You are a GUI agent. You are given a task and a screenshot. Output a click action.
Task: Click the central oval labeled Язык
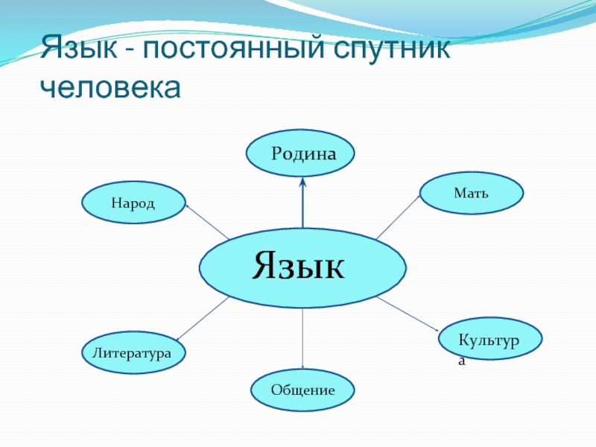pyautogui.click(x=302, y=266)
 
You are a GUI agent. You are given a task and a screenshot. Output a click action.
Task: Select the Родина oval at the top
pyautogui.click(x=301, y=153)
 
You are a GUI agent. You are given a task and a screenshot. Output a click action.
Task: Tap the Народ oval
pyautogui.click(x=133, y=203)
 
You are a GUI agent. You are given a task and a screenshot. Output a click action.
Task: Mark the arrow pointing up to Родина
pyautogui.click(x=302, y=205)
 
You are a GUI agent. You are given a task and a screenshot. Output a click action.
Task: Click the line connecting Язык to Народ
pyautogui.click(x=207, y=222)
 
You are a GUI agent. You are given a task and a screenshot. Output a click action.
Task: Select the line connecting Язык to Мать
pyautogui.click(x=399, y=217)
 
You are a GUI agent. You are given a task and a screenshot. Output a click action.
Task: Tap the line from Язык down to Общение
pyautogui.click(x=302, y=339)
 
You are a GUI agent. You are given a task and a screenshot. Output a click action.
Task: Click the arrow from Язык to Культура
pyautogui.click(x=408, y=314)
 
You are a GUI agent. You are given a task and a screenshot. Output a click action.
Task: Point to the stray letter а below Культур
pyautogui.click(x=462, y=361)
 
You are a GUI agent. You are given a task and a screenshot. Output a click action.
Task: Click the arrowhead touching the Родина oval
pyautogui.click(x=302, y=182)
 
